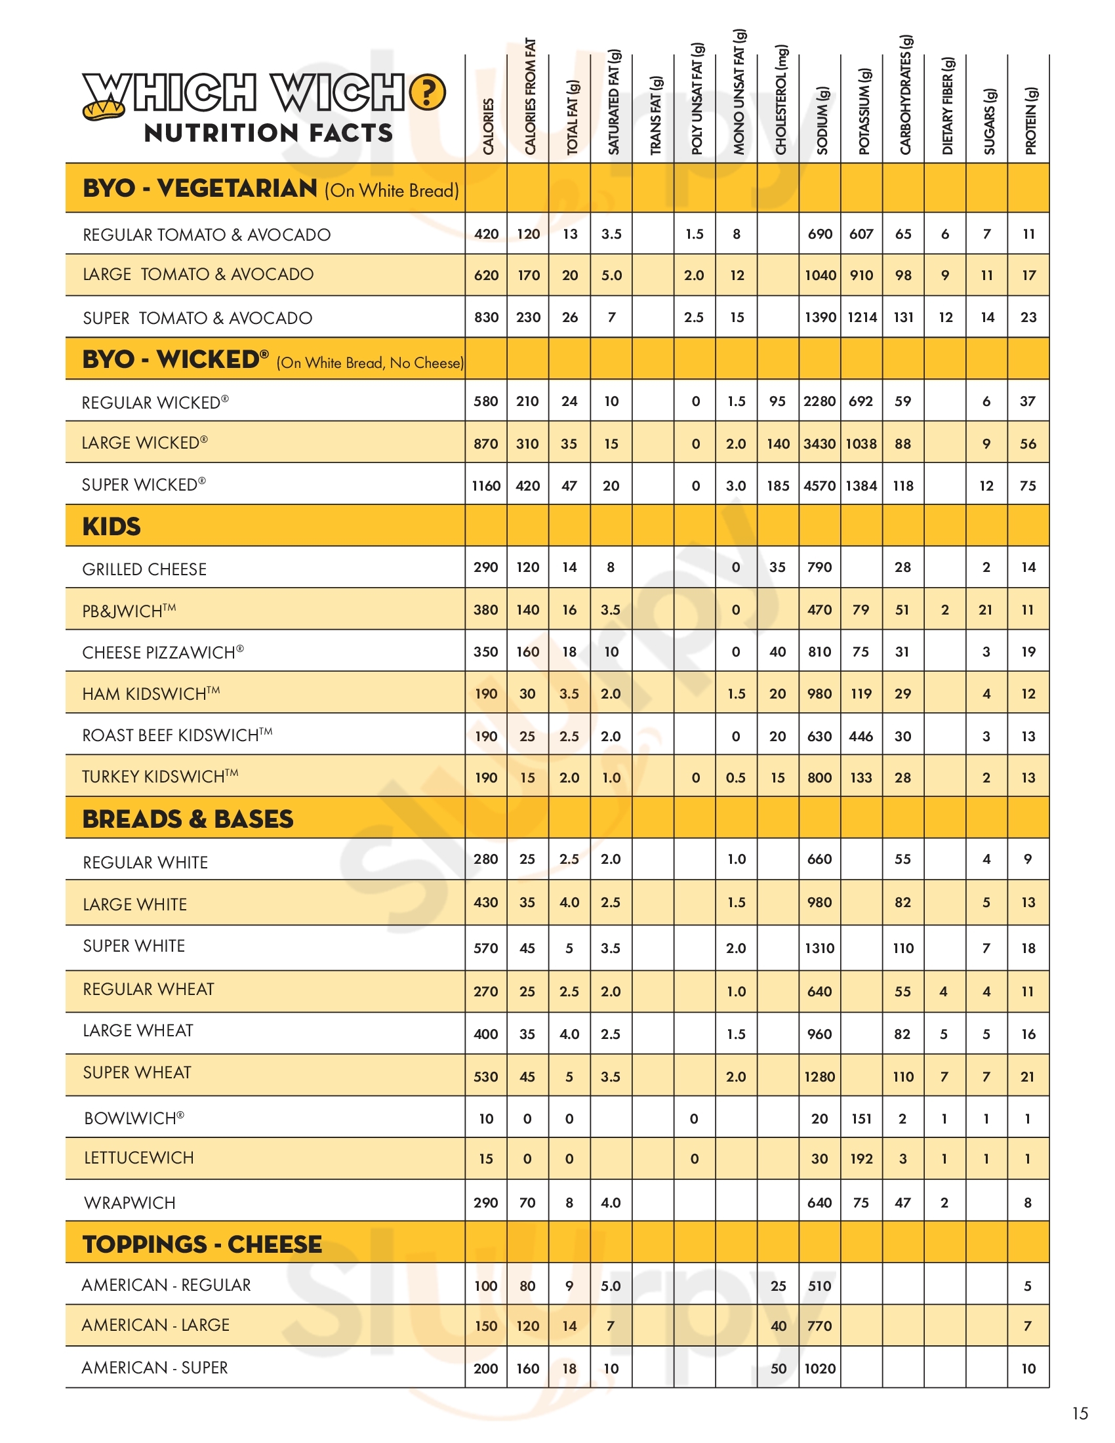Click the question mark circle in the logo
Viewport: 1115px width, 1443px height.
click(x=428, y=92)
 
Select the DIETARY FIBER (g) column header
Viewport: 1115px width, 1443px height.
click(x=947, y=106)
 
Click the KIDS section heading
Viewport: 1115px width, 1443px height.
click(x=111, y=527)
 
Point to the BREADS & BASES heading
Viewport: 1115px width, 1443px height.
click(x=188, y=819)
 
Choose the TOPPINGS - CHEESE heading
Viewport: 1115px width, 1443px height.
click(x=202, y=1244)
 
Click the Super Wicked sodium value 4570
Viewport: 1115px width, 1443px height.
click(x=820, y=485)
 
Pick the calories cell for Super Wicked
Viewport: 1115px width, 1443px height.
click(x=486, y=485)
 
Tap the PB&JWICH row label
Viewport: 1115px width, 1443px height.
click(x=129, y=611)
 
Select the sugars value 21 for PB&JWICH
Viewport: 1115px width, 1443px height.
click(x=986, y=610)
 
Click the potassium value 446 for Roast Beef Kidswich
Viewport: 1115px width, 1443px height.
click(x=861, y=736)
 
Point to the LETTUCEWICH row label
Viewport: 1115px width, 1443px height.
click(x=138, y=1158)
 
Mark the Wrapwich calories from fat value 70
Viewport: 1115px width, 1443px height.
click(x=527, y=1202)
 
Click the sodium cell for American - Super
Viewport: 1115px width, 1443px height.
click(x=820, y=1368)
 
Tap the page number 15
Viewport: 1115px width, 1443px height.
click(x=1080, y=1413)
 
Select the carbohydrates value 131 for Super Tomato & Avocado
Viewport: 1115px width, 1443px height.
click(x=903, y=317)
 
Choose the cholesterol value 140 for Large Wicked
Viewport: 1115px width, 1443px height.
click(x=778, y=444)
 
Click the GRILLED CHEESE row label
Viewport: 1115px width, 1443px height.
click(x=144, y=569)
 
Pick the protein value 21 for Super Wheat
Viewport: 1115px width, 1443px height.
click(x=1028, y=1076)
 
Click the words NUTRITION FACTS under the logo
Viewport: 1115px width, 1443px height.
click(x=268, y=132)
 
